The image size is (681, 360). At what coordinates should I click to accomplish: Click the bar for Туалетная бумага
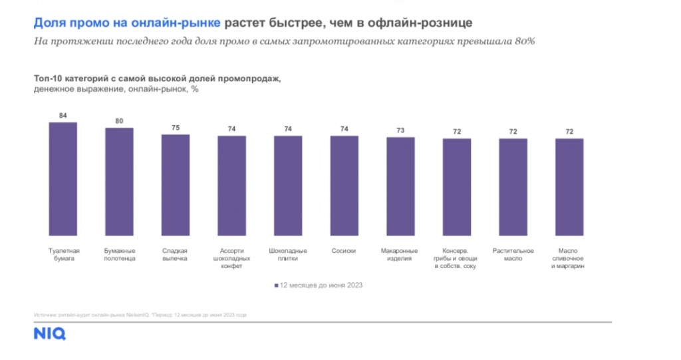[x=63, y=180]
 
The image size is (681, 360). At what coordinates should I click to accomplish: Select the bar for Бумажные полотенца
[x=120, y=183]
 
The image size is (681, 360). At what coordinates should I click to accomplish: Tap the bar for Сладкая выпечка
[x=176, y=186]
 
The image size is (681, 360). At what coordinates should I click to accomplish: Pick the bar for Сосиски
[x=344, y=187]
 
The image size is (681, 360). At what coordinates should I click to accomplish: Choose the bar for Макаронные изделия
[x=401, y=188]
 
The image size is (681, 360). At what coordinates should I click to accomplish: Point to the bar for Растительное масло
[x=513, y=188]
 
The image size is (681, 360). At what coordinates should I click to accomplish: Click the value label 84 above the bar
[x=63, y=116]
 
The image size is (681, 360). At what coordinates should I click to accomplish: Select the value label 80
[x=120, y=121]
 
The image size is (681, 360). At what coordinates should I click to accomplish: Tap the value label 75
[x=176, y=128]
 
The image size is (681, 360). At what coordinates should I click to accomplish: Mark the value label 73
[x=401, y=130]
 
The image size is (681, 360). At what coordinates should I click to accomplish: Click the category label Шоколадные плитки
[x=288, y=254]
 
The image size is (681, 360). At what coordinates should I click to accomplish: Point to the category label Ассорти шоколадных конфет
[x=232, y=258]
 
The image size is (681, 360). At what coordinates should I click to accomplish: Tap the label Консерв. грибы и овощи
[x=457, y=258]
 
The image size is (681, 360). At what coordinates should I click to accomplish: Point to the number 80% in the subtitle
[x=525, y=41]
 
